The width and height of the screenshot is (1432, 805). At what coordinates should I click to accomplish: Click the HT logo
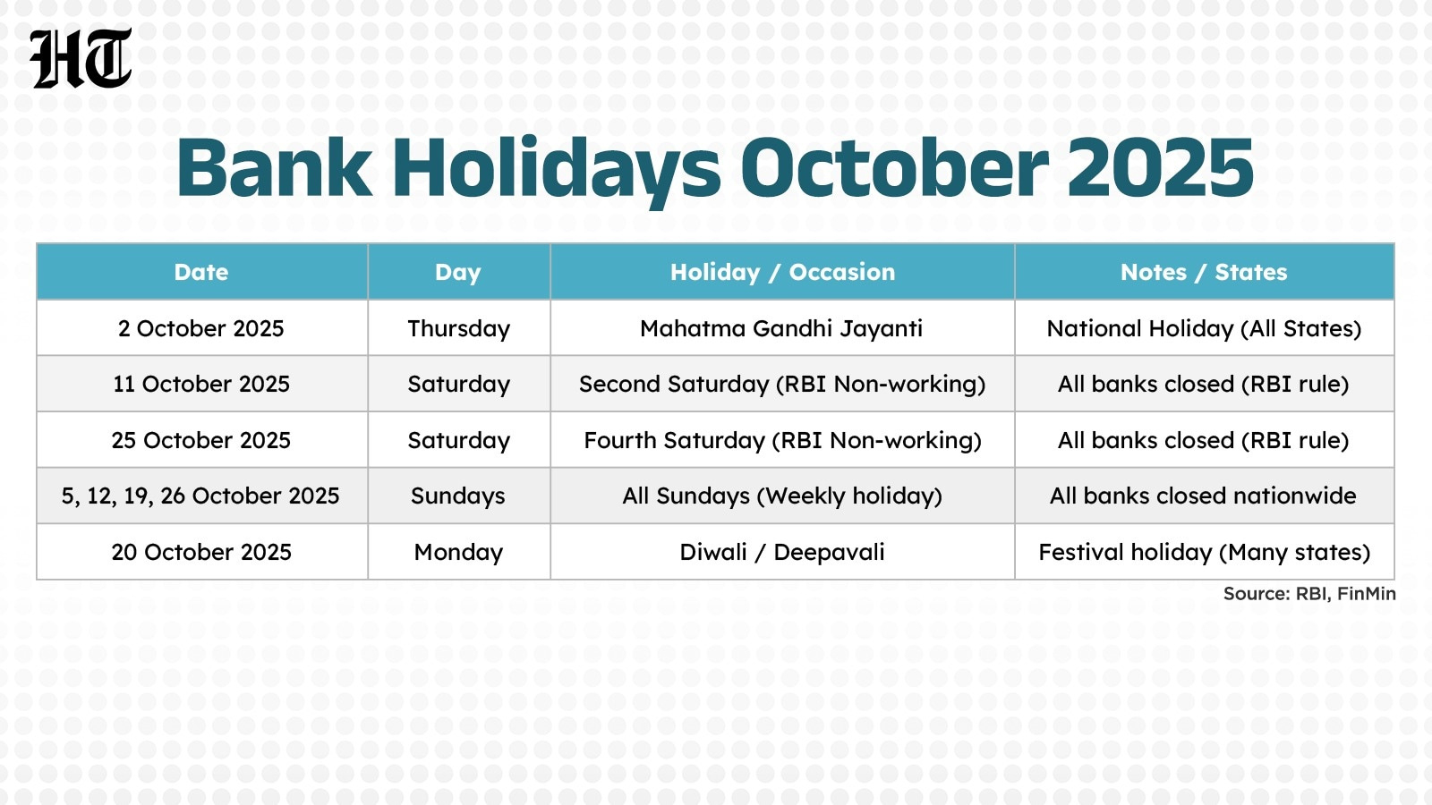coord(81,58)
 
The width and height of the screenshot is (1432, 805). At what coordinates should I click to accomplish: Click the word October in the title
coord(894,168)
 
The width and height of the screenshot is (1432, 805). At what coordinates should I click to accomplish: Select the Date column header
coord(201,272)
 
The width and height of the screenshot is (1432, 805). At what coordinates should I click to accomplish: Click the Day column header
coord(458,272)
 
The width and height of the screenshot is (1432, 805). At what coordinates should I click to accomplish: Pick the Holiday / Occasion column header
coord(782,272)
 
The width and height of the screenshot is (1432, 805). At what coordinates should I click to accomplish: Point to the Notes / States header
coord(1204,272)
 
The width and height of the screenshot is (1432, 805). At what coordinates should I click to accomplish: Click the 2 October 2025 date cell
coord(201,328)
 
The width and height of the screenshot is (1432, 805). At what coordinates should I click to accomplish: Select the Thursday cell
coord(458,328)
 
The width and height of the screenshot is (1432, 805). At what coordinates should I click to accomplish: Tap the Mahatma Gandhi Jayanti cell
coord(781,328)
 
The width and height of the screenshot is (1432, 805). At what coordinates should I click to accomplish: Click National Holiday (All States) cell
coord(1204,328)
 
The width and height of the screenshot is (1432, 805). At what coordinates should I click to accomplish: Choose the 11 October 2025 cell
coord(201,384)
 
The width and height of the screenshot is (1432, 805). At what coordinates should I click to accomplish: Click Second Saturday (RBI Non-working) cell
coord(781,384)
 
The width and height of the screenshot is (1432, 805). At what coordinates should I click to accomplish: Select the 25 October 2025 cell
coord(201,440)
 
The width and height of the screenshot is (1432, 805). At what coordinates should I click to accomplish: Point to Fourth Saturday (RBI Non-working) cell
coord(781,440)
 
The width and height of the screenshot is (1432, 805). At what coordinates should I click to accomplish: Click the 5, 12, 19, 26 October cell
coord(200,496)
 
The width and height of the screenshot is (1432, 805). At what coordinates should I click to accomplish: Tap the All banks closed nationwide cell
coord(1203,496)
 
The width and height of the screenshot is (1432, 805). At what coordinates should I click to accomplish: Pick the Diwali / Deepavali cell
coord(781,552)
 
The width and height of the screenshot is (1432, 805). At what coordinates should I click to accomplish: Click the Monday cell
coord(458,552)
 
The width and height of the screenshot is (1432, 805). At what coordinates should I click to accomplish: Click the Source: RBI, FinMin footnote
coord(1308,594)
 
